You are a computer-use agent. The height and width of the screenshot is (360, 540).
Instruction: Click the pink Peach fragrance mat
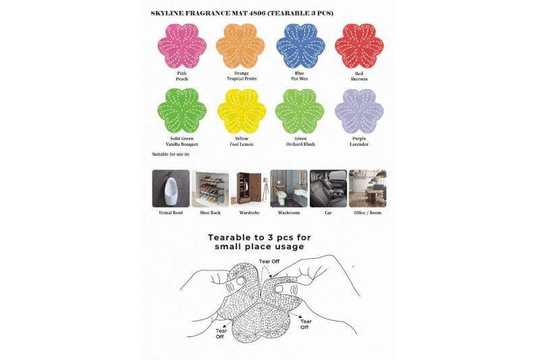(x=182, y=45)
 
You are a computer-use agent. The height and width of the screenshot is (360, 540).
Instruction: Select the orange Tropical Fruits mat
(x=240, y=45)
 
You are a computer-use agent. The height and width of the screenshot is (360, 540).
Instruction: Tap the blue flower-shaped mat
(x=300, y=45)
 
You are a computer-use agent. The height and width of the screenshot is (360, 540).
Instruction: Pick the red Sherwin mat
(x=359, y=45)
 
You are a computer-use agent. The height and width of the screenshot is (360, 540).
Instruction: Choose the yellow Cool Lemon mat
(x=242, y=111)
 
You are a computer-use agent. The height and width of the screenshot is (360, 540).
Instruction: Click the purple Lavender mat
(x=359, y=111)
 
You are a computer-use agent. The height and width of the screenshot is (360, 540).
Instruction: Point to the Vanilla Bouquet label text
(x=182, y=145)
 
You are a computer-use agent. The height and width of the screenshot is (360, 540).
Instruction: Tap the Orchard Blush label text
(x=300, y=145)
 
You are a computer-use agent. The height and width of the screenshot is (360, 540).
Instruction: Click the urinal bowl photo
(x=171, y=188)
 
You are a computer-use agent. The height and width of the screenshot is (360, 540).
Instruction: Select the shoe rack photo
(x=210, y=188)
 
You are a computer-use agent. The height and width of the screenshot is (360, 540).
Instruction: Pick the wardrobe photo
(x=250, y=188)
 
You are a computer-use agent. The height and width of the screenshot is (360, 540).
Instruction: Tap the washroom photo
(x=289, y=188)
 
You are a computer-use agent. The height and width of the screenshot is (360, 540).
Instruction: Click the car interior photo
(x=328, y=188)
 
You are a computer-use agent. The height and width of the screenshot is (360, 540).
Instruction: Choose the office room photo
(x=367, y=188)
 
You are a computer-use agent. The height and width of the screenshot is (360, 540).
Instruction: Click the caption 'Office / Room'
(x=367, y=213)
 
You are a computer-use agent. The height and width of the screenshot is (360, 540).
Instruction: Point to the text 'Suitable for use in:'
(x=171, y=155)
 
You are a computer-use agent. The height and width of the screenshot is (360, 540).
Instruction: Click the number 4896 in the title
(x=259, y=14)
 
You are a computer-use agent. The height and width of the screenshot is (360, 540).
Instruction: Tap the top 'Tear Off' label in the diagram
(x=269, y=261)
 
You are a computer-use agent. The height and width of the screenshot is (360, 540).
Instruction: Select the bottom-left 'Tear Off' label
(x=221, y=334)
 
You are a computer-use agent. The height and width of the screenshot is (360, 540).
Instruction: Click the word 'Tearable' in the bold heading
(x=230, y=237)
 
